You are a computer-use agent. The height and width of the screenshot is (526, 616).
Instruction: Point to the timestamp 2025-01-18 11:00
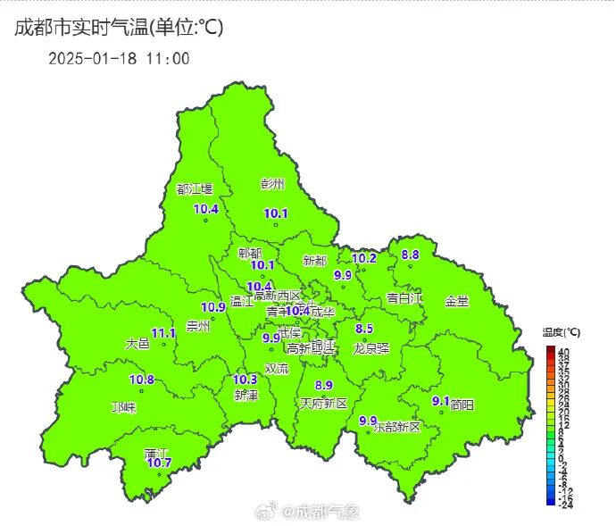pos(119,59)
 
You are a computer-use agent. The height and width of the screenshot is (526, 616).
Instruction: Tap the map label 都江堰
pos(195,189)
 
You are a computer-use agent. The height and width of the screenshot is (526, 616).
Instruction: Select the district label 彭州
pos(272,184)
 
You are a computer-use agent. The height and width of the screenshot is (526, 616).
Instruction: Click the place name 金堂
pos(456,301)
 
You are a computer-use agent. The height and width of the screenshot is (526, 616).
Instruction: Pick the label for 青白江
pos(404,297)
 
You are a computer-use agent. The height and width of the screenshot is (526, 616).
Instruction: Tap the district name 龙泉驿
pos(371,347)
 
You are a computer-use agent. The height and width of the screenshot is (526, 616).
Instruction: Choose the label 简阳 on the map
pos(462,405)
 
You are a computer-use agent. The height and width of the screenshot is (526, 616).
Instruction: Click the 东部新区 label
pos(396,427)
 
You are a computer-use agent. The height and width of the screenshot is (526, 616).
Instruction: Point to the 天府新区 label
pos(322,405)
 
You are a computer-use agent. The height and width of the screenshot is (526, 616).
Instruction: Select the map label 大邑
pos(137,343)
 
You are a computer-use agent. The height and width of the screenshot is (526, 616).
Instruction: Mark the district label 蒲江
pos(156,454)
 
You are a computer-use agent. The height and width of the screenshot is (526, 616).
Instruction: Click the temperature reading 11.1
pos(163,332)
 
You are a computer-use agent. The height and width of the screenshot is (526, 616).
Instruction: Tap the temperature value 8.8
pos(410,255)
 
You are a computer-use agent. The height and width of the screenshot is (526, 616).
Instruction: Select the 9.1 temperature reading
pos(440,401)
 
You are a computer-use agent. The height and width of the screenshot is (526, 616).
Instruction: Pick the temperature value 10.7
pos(159,463)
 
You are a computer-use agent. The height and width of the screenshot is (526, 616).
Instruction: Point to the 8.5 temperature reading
pos(364,329)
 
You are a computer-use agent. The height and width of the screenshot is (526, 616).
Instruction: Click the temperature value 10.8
pos(142,380)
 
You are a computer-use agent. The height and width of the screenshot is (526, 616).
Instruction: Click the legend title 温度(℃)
pos(561,332)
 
